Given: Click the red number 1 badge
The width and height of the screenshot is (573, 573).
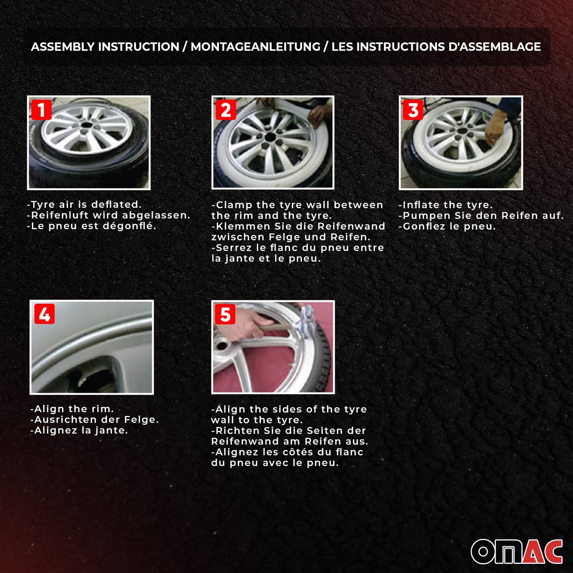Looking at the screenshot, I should click(x=41, y=110).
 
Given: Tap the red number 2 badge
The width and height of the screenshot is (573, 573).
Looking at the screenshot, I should click(x=226, y=110).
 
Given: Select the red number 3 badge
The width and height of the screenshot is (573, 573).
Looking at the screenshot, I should click(x=413, y=110).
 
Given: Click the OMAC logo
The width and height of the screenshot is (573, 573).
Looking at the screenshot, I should click(x=517, y=551).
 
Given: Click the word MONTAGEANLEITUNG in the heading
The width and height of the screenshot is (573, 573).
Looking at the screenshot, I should click(x=255, y=47).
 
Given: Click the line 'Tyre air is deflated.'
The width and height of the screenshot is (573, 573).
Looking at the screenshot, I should click(x=84, y=205).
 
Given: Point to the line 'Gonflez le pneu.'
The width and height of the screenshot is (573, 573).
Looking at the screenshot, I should click(x=447, y=226).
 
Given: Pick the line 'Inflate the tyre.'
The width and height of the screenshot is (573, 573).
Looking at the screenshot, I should click(x=445, y=205).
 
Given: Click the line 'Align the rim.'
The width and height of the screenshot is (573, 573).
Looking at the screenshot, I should click(x=72, y=409).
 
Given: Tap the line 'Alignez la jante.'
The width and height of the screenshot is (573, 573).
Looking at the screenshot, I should click(x=79, y=430).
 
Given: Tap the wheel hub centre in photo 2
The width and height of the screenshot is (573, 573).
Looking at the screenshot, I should click(x=271, y=137).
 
